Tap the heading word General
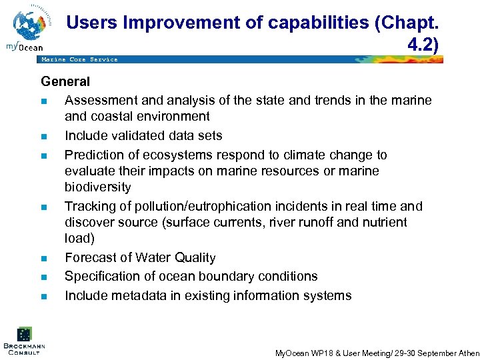coord(65,82)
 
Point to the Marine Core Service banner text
coord(79,59)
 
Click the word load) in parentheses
coord(79,238)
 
